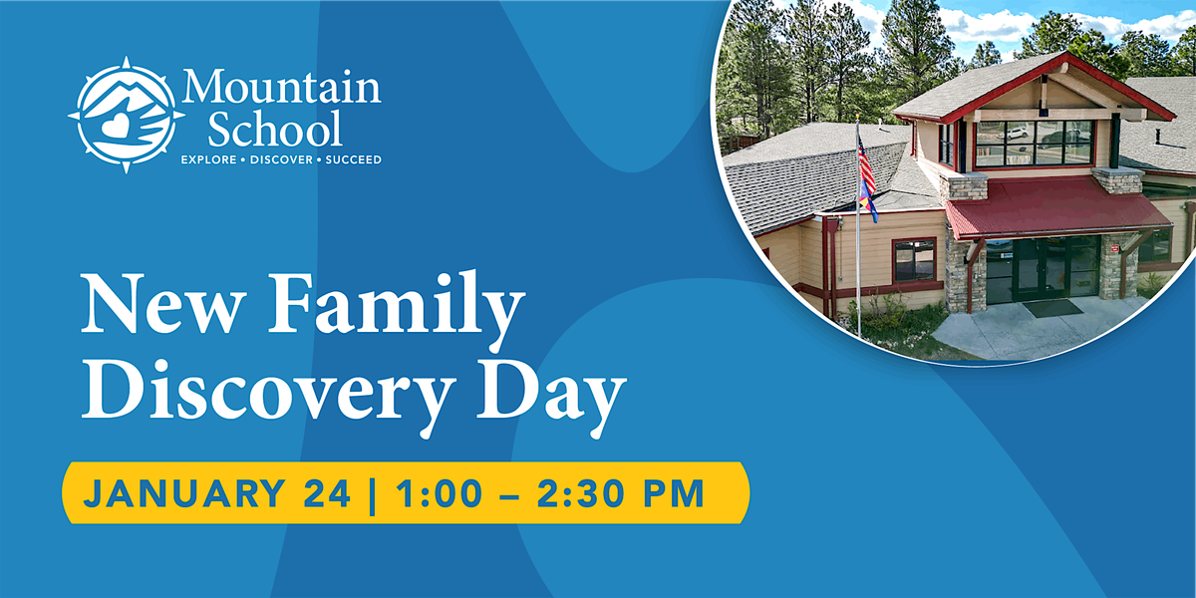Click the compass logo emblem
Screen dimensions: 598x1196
click(x=125, y=115)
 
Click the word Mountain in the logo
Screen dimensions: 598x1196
click(x=280, y=88)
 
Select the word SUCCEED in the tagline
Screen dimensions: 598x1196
click(x=349, y=159)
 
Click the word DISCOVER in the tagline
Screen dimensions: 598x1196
click(x=281, y=159)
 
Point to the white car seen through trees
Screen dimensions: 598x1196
click(x=1017, y=133)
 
